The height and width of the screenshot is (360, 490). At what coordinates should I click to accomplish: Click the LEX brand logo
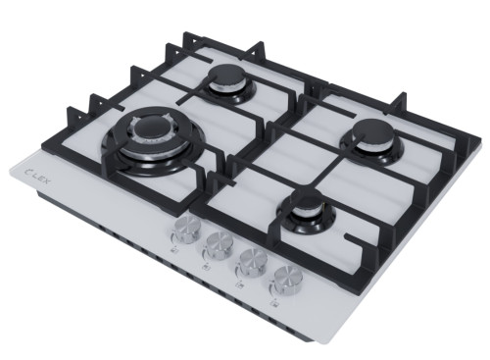point(37,176)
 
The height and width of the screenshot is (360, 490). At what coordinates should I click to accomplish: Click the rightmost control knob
point(287,279)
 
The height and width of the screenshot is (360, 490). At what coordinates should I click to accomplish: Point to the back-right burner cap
point(372,132)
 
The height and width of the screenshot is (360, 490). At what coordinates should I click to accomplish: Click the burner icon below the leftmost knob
point(174,251)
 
